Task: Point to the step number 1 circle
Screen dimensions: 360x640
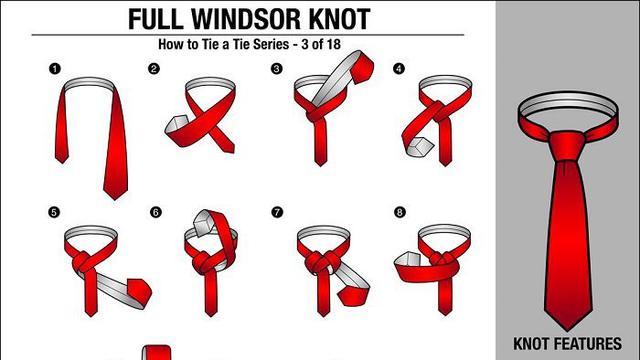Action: click(x=54, y=69)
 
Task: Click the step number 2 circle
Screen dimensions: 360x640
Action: click(x=154, y=69)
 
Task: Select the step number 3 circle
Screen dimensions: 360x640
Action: click(x=276, y=69)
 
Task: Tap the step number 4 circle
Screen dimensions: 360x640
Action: click(x=399, y=69)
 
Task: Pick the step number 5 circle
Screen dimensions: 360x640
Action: click(x=54, y=211)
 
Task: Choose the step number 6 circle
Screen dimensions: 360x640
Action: click(x=155, y=211)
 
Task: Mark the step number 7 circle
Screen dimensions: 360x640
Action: click(x=277, y=211)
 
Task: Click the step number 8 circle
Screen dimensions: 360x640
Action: click(x=399, y=211)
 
